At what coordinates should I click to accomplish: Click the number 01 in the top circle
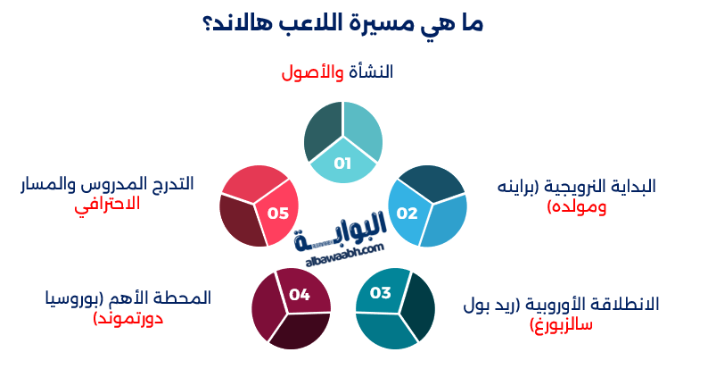[343, 164]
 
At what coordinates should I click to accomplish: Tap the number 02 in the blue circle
[407, 213]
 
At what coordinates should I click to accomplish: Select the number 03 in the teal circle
[381, 292]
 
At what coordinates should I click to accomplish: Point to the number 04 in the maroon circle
[299, 294]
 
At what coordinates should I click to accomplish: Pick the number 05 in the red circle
[277, 213]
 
